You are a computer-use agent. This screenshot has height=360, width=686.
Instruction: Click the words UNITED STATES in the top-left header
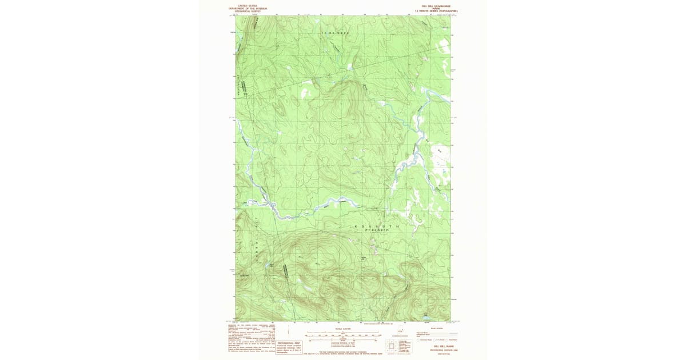[248, 6]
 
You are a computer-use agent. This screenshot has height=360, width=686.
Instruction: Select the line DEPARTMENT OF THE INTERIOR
[248, 9]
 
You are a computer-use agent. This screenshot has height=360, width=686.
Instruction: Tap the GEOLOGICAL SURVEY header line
[248, 11]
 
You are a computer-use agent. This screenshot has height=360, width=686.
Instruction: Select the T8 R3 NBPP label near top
[334, 34]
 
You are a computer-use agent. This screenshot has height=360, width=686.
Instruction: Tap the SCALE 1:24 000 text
[342, 329]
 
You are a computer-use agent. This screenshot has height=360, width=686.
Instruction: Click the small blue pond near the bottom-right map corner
[426, 315]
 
